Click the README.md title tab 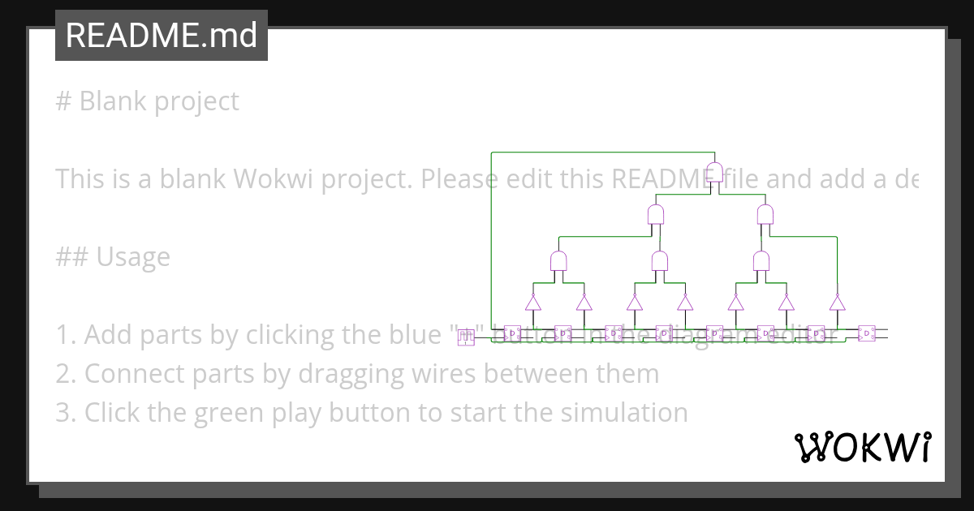161,36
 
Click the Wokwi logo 862,447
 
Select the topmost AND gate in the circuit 715,172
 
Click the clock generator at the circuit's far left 466,337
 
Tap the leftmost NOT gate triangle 532,303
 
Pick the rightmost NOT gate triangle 837,303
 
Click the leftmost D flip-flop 512,333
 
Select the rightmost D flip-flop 867,333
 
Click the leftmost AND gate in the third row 558,261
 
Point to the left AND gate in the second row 656,215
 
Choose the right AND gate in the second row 765,215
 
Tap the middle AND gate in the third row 660,261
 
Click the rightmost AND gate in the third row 761,261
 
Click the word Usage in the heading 133,257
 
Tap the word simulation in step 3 623,413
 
